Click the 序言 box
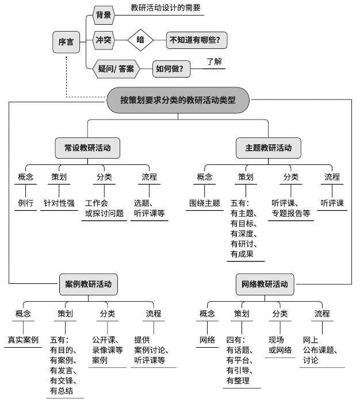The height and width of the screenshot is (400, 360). pyautogui.click(x=66, y=42)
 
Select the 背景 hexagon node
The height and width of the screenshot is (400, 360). pyautogui.click(x=104, y=15)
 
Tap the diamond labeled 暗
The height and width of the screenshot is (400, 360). pyautogui.click(x=140, y=40)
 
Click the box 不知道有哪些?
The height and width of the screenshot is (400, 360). pyautogui.click(x=197, y=40)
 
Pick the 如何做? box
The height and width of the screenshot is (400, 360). pyautogui.click(x=171, y=68)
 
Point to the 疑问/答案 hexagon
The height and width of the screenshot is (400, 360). pyautogui.click(x=116, y=68)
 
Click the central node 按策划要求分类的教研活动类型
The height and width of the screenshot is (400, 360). pyautogui.click(x=178, y=100)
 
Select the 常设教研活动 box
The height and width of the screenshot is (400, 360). pyautogui.click(x=87, y=148)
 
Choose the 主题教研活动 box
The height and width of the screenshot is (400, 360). pyautogui.click(x=269, y=148)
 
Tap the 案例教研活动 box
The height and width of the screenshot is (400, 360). pyautogui.click(x=89, y=284)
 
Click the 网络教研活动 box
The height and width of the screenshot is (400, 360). pyautogui.click(x=265, y=284)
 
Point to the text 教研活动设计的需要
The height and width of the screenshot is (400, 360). pyautogui.click(x=166, y=7)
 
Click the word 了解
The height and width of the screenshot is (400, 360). pyautogui.click(x=214, y=61)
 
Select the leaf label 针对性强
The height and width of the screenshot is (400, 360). pyautogui.click(x=59, y=203)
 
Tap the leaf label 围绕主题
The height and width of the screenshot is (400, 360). pyautogui.click(x=205, y=203)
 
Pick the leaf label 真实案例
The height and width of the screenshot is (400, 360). pyautogui.click(x=23, y=340)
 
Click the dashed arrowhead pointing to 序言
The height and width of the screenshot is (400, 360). pyautogui.click(x=66, y=57)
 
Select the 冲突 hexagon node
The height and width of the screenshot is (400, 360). pyautogui.click(x=104, y=40)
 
